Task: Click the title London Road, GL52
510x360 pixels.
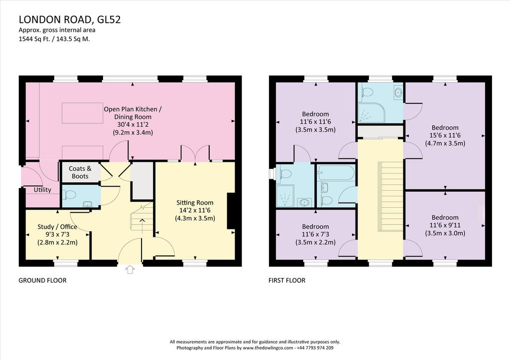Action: click(x=70, y=19)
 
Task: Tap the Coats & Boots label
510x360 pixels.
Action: click(x=80, y=172)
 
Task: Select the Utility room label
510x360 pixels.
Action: click(x=43, y=190)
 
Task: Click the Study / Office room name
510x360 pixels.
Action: click(x=57, y=227)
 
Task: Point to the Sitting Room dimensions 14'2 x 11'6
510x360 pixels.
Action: click(x=195, y=211)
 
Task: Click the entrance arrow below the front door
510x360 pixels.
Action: click(x=130, y=269)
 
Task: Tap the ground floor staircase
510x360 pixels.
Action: click(x=142, y=218)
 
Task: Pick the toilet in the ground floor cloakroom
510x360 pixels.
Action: click(x=69, y=195)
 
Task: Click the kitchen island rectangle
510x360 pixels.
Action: click(x=83, y=113)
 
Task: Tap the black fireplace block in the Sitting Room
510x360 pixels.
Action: click(x=231, y=211)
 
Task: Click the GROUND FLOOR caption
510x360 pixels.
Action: click(x=43, y=280)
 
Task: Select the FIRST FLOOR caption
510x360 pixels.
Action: click(x=287, y=280)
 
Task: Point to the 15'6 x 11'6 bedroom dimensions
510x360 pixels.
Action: click(x=445, y=135)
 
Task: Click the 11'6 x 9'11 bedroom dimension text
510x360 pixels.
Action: click(x=445, y=225)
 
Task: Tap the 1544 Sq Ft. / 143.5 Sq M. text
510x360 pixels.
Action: click(x=54, y=39)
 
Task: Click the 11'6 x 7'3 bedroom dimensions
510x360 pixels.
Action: click(x=315, y=234)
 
